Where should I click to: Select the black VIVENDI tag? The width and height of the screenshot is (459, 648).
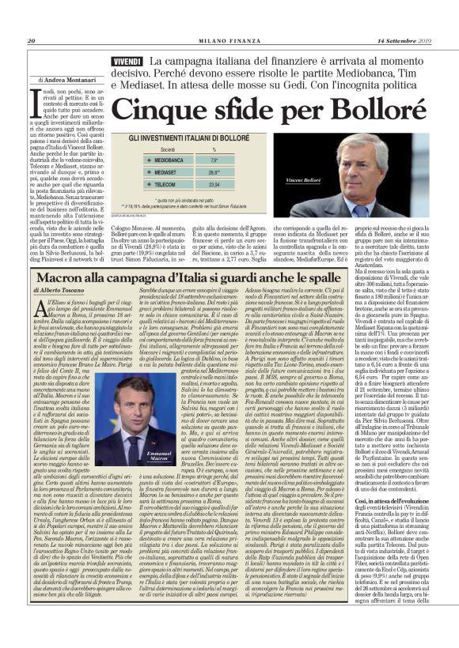click(x=127, y=62)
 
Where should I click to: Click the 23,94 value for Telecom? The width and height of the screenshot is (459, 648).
click(x=214, y=183)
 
